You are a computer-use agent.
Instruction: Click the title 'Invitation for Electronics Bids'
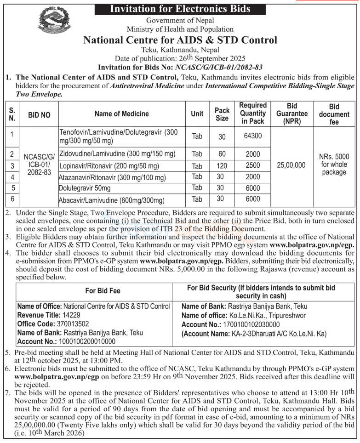coord(180,8)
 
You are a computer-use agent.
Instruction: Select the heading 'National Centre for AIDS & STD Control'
coord(180,40)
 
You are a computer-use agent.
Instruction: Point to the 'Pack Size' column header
coord(222,114)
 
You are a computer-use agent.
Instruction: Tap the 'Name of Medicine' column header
coord(122,114)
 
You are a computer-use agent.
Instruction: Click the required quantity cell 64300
coord(252,136)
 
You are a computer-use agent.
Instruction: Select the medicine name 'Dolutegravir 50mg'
coord(85,188)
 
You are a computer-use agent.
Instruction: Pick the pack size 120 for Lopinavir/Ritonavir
coord(222,165)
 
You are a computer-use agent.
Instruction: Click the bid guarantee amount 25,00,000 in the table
coord(291,165)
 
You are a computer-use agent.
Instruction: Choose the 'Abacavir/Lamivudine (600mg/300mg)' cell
coord(112,199)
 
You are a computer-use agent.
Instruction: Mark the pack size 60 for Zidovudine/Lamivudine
coord(222,154)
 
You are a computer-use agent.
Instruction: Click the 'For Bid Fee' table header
coord(94,291)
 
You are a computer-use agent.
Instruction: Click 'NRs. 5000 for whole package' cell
coord(334,165)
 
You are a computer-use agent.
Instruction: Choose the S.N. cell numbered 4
coord(12,177)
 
